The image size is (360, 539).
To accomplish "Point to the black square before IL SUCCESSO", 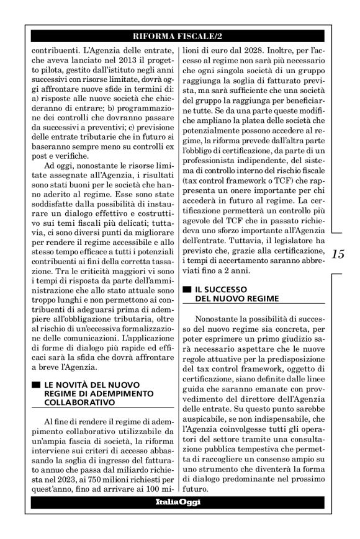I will tap(186, 289).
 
